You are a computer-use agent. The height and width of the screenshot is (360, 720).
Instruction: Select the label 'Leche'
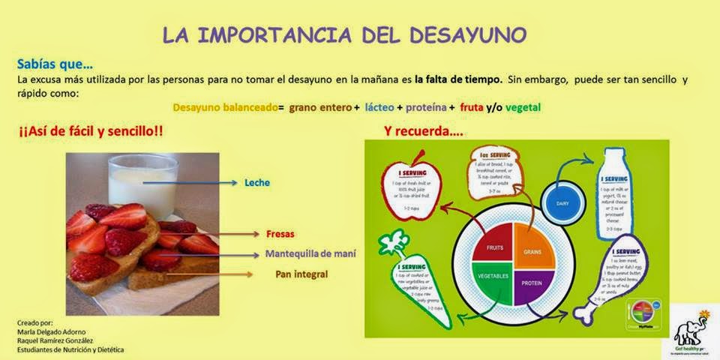[256, 182]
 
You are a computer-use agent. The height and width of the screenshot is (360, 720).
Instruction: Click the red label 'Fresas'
[278, 233]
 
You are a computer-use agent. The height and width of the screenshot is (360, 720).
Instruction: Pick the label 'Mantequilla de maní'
[310, 253]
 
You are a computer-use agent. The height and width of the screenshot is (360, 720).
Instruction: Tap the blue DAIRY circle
[562, 202]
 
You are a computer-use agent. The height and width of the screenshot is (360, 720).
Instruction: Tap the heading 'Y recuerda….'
[423, 130]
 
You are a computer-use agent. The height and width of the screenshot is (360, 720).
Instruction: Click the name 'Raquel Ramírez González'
[55, 340]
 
